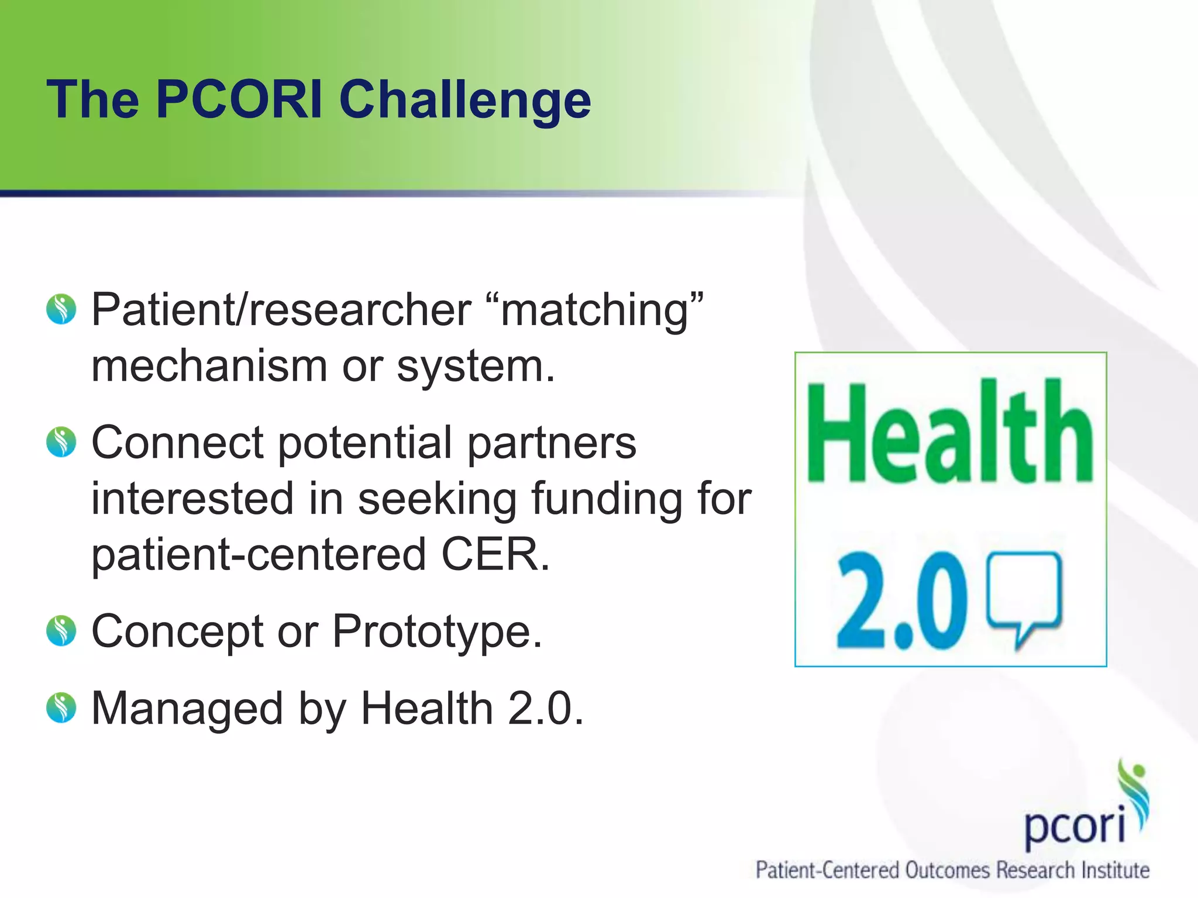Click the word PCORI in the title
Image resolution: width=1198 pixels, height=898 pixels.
(x=239, y=99)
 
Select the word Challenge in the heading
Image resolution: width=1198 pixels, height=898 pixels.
(x=465, y=101)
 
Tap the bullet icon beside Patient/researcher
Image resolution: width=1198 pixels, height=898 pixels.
(x=61, y=309)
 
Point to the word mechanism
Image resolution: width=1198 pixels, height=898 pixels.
(x=209, y=367)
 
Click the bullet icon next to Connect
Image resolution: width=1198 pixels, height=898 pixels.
(x=61, y=442)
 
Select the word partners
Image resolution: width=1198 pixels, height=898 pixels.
(x=552, y=443)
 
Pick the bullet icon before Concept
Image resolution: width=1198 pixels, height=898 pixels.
(x=61, y=631)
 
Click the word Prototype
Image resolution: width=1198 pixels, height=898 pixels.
(x=437, y=632)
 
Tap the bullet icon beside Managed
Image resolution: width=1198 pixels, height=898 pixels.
(x=61, y=708)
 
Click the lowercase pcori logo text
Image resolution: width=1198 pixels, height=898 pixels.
(x=1075, y=826)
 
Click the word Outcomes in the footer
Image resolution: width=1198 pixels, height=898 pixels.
(x=948, y=870)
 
